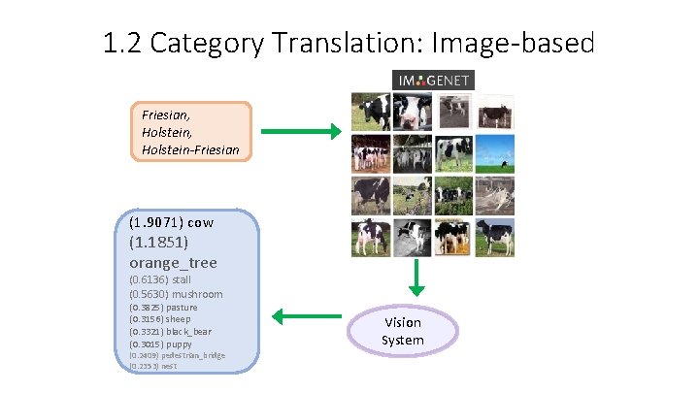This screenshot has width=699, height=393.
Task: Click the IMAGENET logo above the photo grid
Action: (433, 81)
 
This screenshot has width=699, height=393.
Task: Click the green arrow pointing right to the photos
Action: (300, 131)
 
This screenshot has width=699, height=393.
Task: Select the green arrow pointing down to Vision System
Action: (416, 277)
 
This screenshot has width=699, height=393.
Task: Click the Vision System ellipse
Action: (402, 331)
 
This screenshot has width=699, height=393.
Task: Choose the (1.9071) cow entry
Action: (171, 222)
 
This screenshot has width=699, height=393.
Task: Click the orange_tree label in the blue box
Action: (173, 262)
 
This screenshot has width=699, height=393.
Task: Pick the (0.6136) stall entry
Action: (160, 279)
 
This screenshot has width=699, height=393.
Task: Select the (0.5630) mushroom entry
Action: (175, 294)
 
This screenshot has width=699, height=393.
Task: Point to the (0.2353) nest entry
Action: (162, 367)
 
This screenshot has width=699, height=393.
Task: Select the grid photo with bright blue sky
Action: (494, 153)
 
